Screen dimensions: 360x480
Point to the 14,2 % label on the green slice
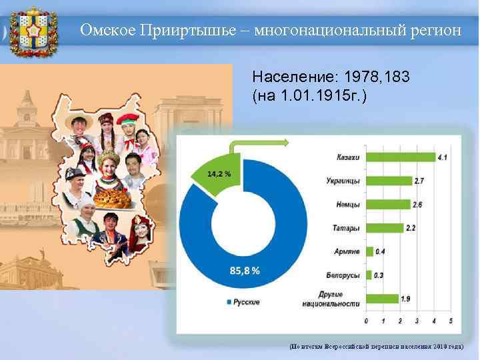(x=219, y=173)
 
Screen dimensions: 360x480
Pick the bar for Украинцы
(x=388, y=181)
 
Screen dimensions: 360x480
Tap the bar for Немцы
(x=387, y=204)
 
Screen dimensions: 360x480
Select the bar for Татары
(x=384, y=228)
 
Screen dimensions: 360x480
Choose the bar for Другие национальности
(x=381, y=299)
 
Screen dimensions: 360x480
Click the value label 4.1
(x=443, y=157)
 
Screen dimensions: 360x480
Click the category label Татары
(x=346, y=228)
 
